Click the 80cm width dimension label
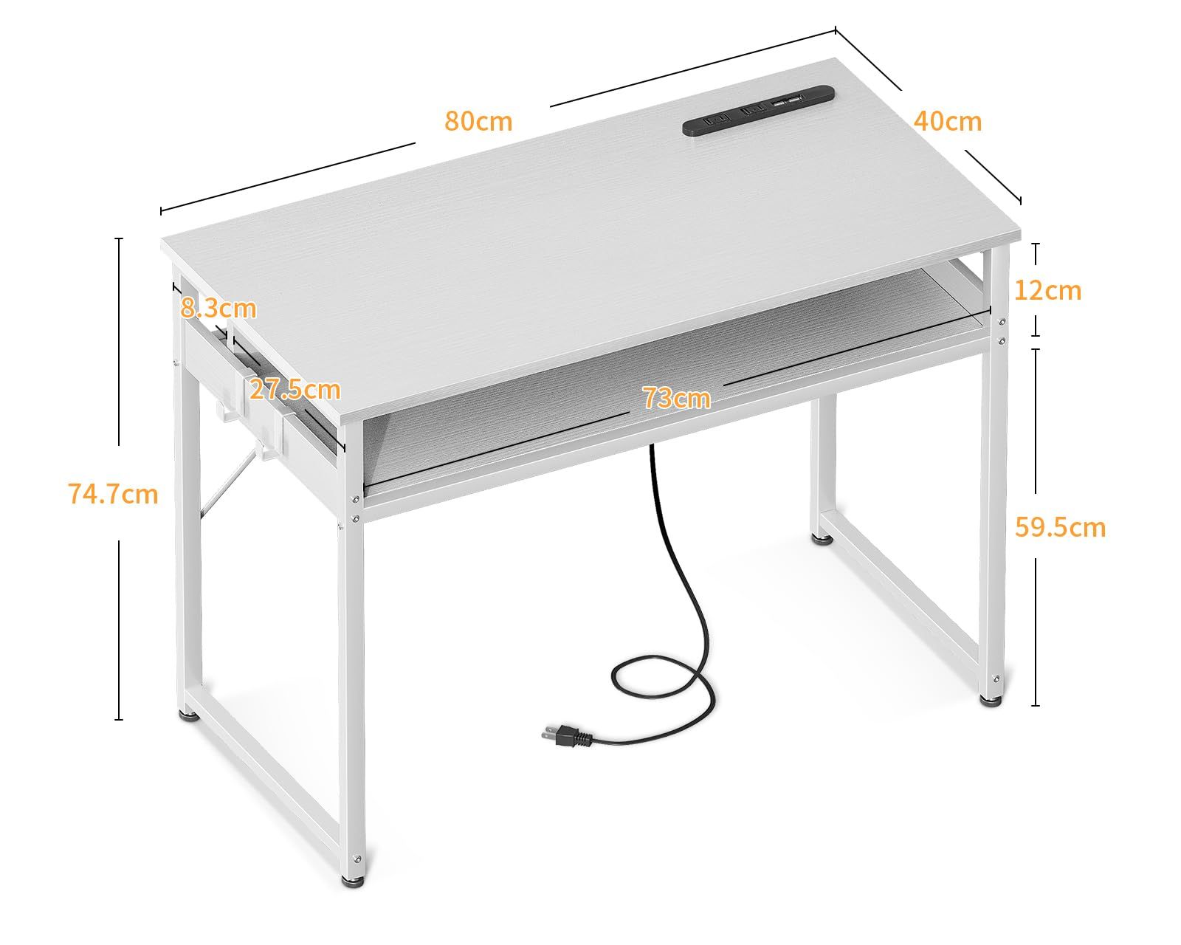click(x=478, y=121)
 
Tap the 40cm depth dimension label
click(x=947, y=121)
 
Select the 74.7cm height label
click(x=113, y=494)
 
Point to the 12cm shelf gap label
click(x=1047, y=290)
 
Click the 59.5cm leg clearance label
click(x=1060, y=527)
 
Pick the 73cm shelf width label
click(x=677, y=397)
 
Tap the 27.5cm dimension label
click(x=295, y=389)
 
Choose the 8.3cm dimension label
click(x=218, y=309)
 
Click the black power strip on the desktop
click(x=759, y=110)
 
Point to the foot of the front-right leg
click(x=991, y=700)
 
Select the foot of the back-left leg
click(x=188, y=715)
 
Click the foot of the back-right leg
click(x=822, y=539)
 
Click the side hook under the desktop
click(x=221, y=410)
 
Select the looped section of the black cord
click(x=660, y=684)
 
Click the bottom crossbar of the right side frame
click(x=900, y=593)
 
